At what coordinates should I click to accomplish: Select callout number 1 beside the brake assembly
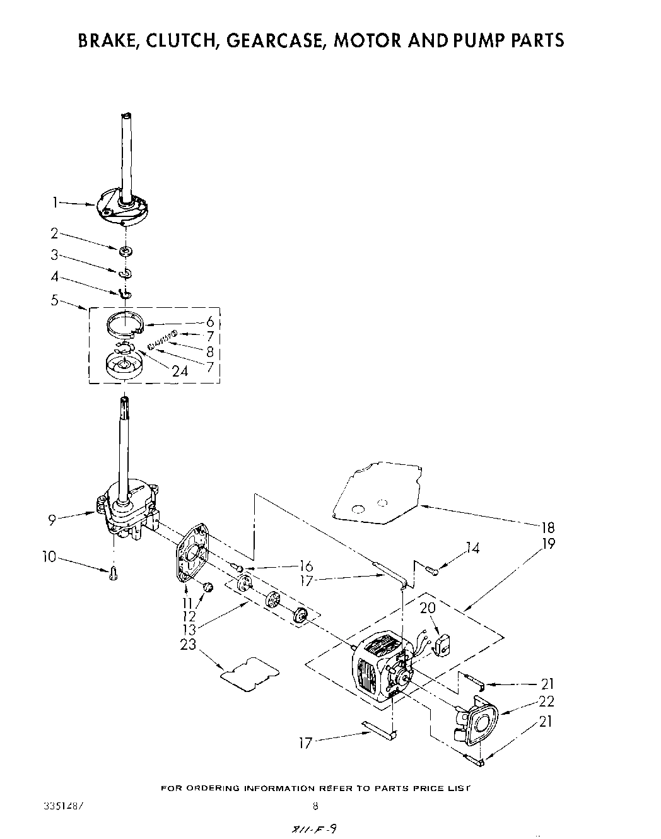click(55, 202)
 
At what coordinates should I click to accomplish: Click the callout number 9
click(52, 519)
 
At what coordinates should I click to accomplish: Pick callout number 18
click(548, 528)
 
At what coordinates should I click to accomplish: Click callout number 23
click(188, 644)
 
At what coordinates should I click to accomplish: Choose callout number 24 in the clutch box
click(180, 370)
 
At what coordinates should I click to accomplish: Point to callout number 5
click(54, 300)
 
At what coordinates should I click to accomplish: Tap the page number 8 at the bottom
click(315, 805)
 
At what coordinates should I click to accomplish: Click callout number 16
click(307, 566)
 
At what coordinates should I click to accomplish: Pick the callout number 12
click(188, 616)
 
